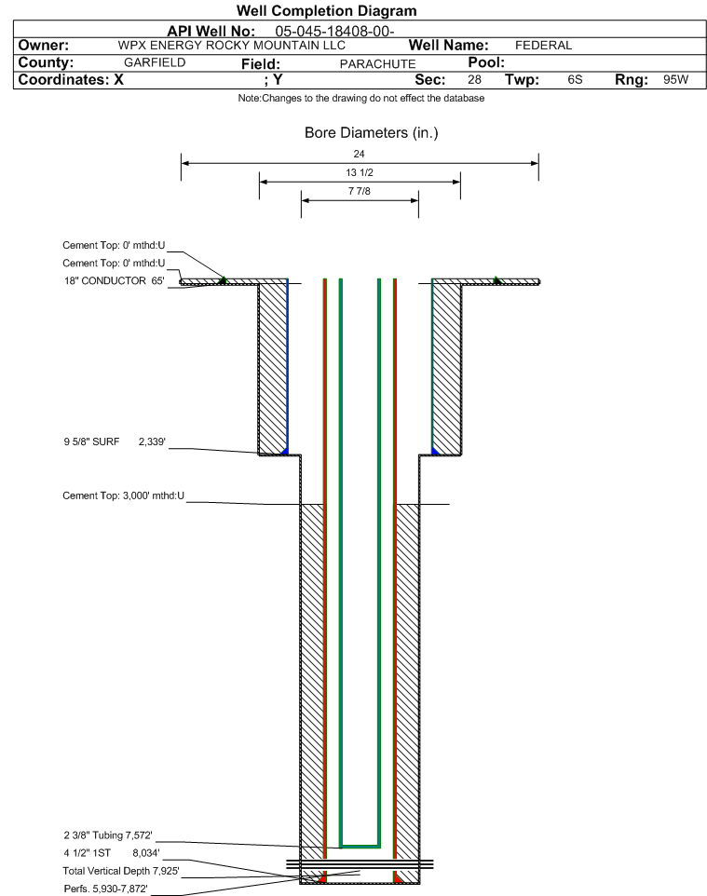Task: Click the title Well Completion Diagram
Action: point(326,11)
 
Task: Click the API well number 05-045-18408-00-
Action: point(335,32)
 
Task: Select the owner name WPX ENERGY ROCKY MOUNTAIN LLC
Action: point(232,45)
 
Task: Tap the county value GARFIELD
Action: point(155,62)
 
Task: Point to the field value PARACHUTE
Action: point(378,64)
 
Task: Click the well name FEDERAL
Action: point(544,45)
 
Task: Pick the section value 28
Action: point(474,79)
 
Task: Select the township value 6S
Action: point(575,79)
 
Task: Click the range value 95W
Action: point(676,79)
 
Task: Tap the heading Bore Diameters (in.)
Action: point(372,132)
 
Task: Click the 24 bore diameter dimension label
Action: point(359,154)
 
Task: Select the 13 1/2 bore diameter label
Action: point(360,172)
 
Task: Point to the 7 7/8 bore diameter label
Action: point(360,191)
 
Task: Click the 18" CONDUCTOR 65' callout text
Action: point(115,280)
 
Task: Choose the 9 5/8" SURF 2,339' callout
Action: point(115,441)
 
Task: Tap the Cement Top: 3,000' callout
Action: point(124,496)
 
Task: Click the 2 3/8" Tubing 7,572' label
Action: point(108,835)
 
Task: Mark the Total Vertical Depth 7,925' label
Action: point(121,871)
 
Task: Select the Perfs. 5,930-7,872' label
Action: point(106,889)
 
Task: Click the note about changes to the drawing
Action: point(361,99)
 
